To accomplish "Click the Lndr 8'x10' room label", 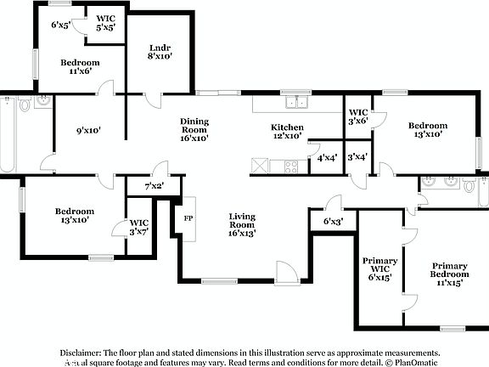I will click(160, 52).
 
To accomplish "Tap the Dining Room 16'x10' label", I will click(194, 128).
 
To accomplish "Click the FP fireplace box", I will click(188, 216).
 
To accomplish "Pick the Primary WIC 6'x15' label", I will click(379, 268).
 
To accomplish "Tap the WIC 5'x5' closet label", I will click(105, 22).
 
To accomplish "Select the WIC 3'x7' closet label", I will click(138, 227).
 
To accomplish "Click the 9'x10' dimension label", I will click(89, 131).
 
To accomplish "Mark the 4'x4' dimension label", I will click(325, 157).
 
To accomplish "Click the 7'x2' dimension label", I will click(154, 185).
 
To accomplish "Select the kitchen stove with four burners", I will click(290, 165).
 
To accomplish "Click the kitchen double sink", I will click(296, 104).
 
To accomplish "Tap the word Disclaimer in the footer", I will click(80, 352).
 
